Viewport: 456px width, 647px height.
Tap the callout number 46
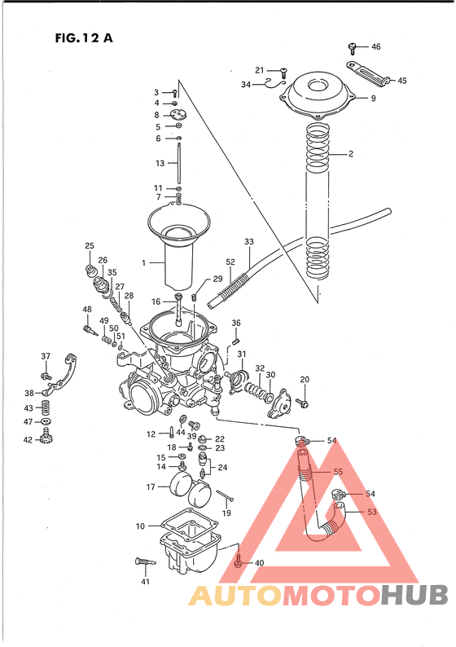[375, 46]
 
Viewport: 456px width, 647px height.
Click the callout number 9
[373, 99]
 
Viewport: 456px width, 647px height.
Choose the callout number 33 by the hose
[248, 242]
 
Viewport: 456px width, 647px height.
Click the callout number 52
[230, 262]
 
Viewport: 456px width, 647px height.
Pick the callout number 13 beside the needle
[160, 163]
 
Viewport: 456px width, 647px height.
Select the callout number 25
[90, 245]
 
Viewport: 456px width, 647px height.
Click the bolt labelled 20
[304, 403]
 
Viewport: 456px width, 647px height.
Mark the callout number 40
[259, 563]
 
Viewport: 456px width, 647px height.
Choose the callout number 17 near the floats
[151, 487]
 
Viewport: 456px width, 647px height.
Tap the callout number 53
[372, 512]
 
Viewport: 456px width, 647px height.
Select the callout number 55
[337, 472]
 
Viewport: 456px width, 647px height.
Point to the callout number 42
[28, 440]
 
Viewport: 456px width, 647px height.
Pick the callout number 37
[46, 356]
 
